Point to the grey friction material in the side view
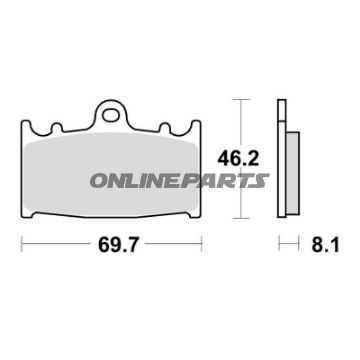point(291,160)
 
